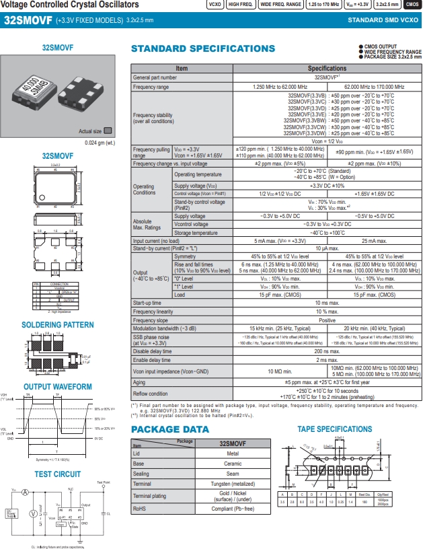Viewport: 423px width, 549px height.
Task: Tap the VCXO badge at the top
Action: pos(215,5)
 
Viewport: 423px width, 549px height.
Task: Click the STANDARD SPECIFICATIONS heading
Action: pos(202,48)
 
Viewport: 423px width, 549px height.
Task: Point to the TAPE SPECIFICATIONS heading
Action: pos(334,429)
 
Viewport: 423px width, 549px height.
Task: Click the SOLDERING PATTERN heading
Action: pos(58,326)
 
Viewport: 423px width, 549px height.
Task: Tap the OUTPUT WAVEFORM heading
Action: pos(58,387)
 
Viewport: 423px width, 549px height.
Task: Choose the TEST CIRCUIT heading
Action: pos(58,474)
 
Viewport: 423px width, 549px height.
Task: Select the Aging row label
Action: pos(139,382)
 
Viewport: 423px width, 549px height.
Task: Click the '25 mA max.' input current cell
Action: pos(374,240)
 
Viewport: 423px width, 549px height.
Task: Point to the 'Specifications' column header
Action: pos(327,69)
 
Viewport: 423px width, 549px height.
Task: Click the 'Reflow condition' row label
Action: pos(151,394)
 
